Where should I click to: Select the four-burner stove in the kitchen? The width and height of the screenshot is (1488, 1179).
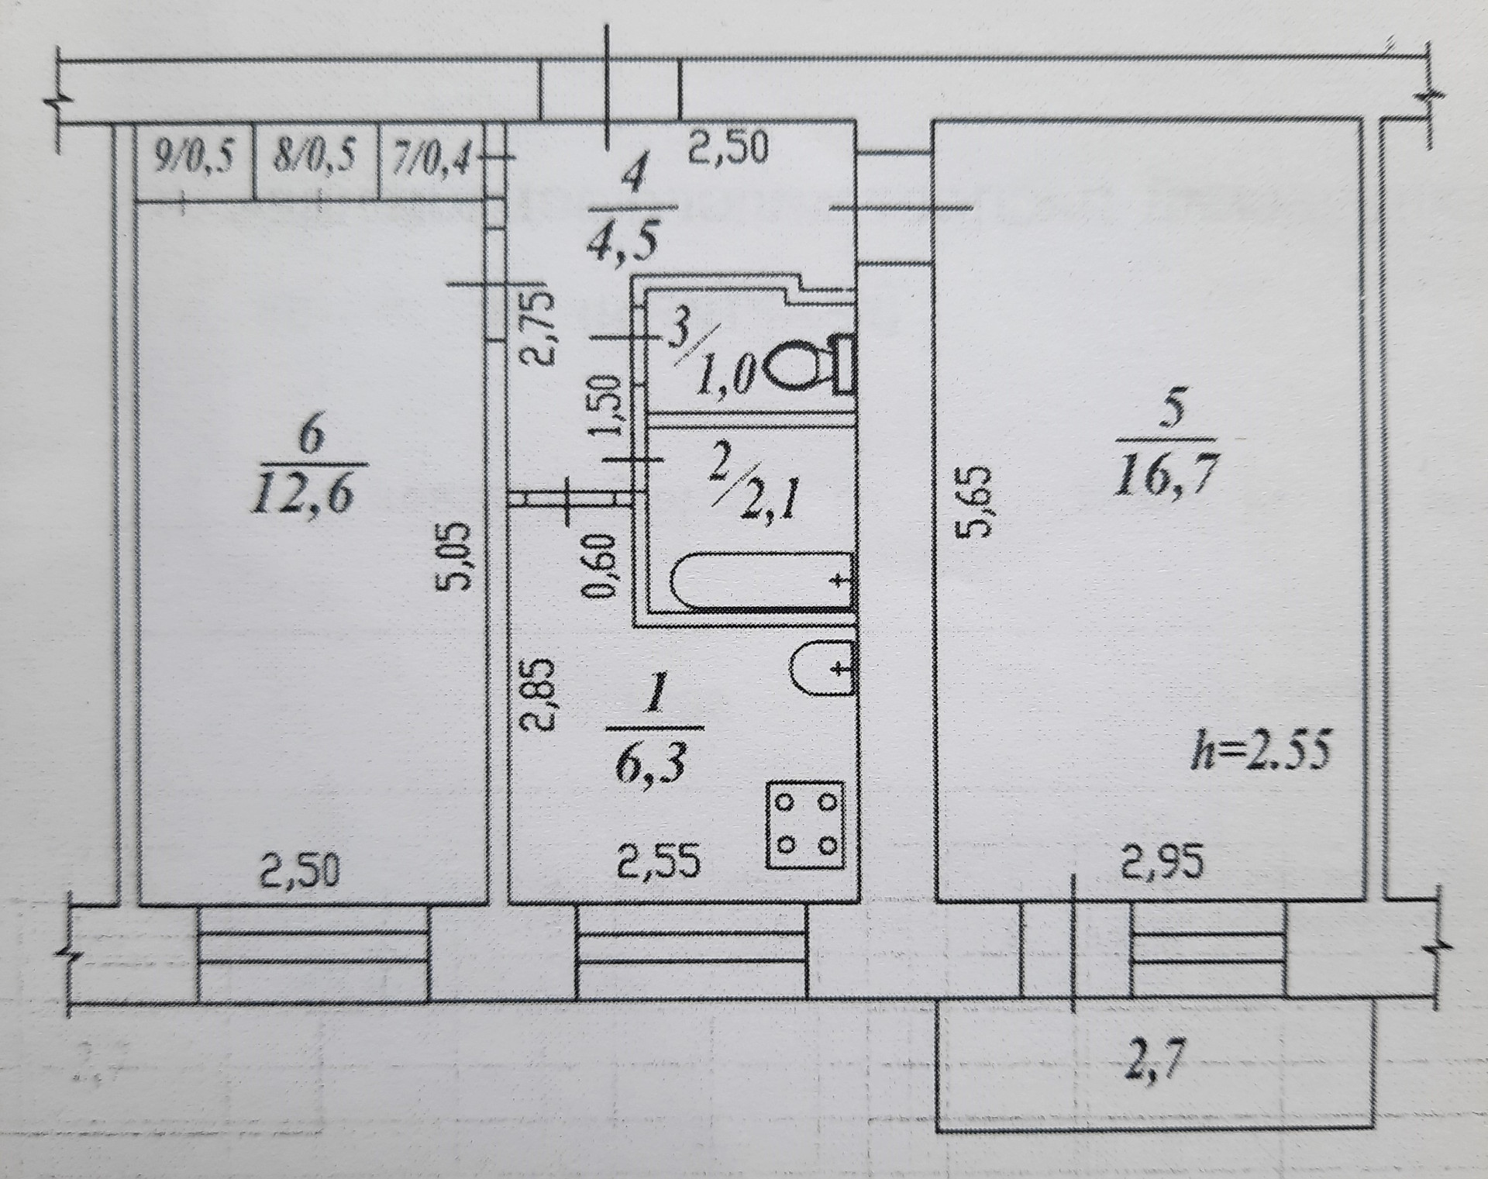[804, 824]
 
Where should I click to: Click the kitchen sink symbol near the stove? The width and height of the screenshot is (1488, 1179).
[822, 667]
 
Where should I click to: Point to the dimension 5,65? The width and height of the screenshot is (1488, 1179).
[979, 501]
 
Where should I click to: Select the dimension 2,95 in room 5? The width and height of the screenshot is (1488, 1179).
[1163, 863]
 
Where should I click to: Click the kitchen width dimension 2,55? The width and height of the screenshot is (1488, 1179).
[659, 862]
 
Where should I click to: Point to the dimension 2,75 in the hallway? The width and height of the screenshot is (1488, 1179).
[538, 328]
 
